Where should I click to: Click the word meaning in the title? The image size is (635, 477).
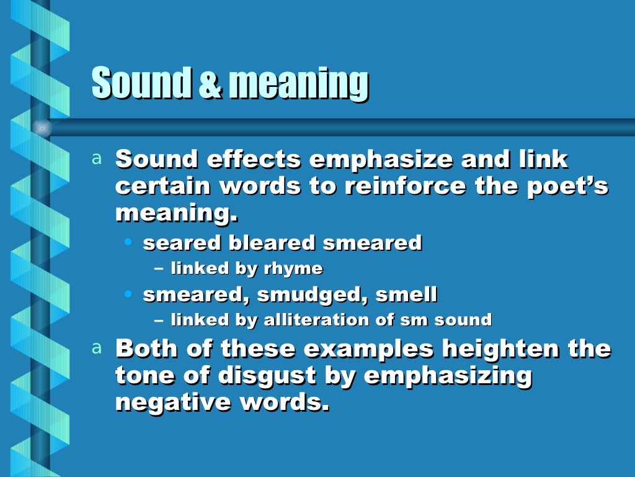pyautogui.click(x=298, y=84)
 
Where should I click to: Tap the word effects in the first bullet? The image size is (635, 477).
pyautogui.click(x=254, y=160)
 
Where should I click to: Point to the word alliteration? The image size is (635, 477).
pyautogui.click(x=314, y=320)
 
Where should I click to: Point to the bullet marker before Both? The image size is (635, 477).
pyautogui.click(x=96, y=348)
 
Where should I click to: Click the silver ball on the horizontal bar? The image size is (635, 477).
pyautogui.click(x=42, y=128)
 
